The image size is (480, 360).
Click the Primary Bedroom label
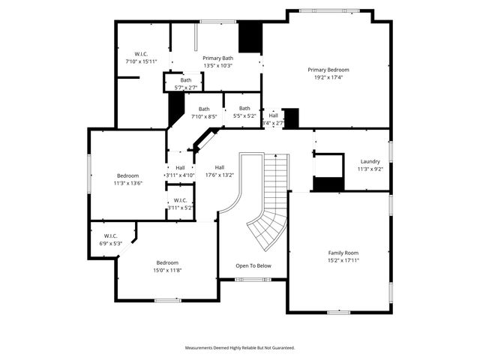coord(328,70)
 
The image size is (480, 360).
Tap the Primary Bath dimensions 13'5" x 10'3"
coord(217,65)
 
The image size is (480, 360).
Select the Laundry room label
coord(370,161)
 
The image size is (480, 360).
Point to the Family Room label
coord(343,253)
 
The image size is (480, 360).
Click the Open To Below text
coord(253,265)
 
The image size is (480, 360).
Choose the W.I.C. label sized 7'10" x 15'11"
coord(141,54)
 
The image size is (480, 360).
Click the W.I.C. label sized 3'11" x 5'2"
coord(180,200)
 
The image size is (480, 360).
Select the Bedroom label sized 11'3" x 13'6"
coord(127,175)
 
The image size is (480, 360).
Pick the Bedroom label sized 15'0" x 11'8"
coord(167,262)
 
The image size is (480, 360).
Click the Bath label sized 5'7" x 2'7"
coord(185,80)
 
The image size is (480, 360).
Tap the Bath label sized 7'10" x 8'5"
coord(204,109)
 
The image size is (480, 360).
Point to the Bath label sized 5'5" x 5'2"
coord(244,108)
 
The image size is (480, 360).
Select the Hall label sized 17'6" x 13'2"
coord(220,167)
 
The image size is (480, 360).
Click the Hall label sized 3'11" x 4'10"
coord(180,167)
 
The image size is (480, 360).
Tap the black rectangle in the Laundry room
coord(326,184)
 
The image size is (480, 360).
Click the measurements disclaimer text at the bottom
coord(240,348)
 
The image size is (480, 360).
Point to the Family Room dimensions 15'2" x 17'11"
coord(343,260)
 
